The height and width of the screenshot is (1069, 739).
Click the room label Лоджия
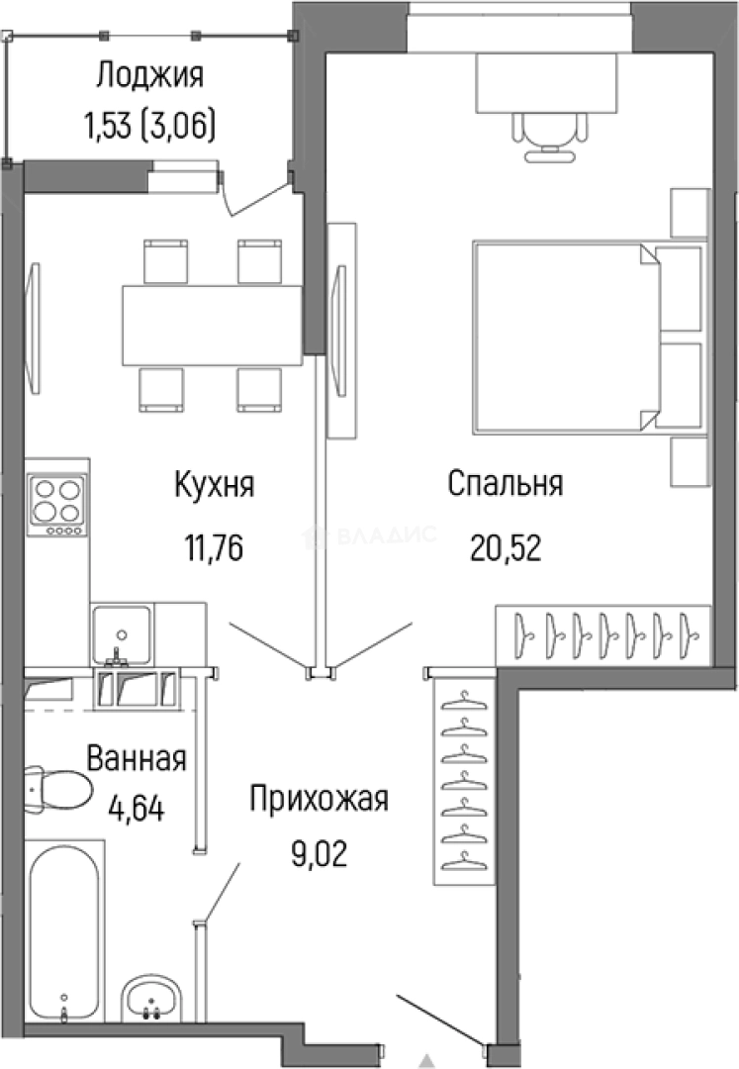(x=150, y=76)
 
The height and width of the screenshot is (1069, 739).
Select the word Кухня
(x=215, y=485)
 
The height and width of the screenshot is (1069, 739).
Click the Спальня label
(x=505, y=485)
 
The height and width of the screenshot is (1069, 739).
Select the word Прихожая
(x=319, y=799)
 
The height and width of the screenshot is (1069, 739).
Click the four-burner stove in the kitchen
(x=57, y=503)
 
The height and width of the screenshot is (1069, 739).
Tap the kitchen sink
(x=122, y=631)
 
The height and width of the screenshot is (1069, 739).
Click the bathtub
(x=63, y=931)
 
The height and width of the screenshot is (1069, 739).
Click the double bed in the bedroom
(x=564, y=337)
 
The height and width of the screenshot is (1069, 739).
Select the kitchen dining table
(x=211, y=326)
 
